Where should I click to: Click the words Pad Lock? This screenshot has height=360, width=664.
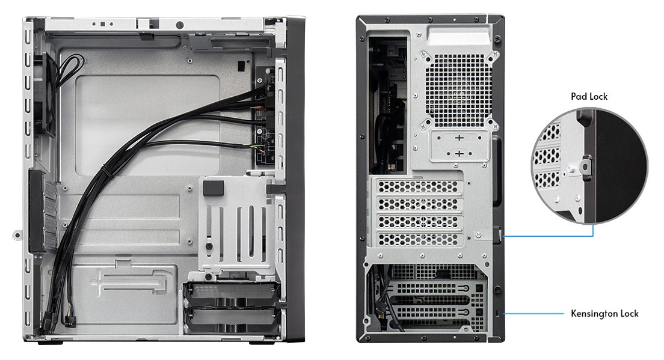[589, 96]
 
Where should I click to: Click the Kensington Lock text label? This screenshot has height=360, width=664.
[604, 314]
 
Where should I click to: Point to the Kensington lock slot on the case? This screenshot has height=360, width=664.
[498, 313]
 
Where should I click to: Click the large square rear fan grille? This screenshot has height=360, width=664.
[459, 91]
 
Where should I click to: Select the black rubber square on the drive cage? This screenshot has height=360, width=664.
[213, 188]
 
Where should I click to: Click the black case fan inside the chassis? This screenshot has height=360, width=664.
[46, 95]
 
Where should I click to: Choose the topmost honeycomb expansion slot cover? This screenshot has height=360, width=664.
[418, 186]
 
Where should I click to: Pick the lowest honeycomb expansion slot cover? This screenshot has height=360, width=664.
[418, 240]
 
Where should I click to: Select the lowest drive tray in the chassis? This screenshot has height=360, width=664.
[232, 320]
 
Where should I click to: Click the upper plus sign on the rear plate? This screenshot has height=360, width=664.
[459, 138]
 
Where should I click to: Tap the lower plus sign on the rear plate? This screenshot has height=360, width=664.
[459, 153]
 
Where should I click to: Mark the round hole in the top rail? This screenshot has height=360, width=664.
[179, 25]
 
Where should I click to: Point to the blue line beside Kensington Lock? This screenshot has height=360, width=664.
[533, 314]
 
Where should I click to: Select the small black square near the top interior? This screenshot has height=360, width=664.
[241, 66]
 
